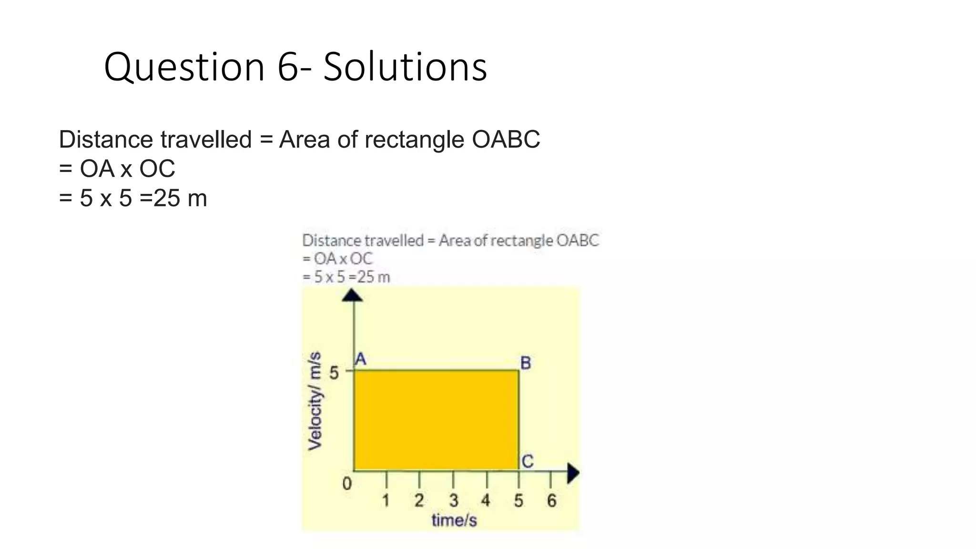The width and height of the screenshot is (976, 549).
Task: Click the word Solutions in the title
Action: [405, 67]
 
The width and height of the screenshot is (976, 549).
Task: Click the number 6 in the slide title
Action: [288, 67]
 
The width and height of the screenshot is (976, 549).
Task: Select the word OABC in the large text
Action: [506, 140]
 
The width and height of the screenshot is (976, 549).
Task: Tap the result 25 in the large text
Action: [167, 198]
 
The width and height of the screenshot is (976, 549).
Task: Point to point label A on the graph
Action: [361, 359]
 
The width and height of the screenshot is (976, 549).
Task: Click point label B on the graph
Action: [525, 363]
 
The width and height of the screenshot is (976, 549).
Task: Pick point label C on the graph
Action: [527, 461]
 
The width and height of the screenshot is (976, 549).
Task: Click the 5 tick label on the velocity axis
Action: [334, 373]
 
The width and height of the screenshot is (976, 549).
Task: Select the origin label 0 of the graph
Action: [347, 484]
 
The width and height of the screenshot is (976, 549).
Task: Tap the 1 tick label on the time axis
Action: [386, 500]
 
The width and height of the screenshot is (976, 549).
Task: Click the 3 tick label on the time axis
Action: [453, 500]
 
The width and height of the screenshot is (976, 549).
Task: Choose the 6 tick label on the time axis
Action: [551, 500]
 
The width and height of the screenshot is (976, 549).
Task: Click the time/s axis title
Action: [454, 520]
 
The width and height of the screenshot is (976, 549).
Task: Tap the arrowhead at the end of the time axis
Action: [573, 473]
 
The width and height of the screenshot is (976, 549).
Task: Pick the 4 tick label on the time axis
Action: [486, 500]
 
